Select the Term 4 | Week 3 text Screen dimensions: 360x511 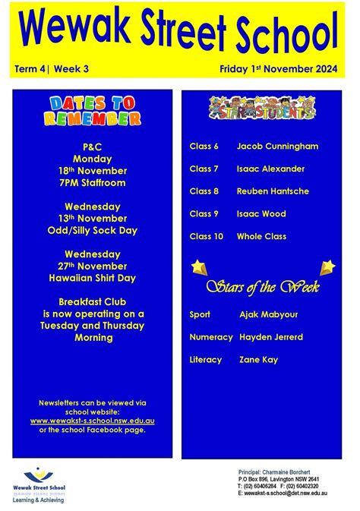[52, 69]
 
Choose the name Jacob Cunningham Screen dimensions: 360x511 [277, 146]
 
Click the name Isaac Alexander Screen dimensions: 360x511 [270, 169]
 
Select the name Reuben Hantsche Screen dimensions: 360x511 [273, 191]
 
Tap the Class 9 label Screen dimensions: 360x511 [204, 214]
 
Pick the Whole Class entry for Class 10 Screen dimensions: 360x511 [261, 237]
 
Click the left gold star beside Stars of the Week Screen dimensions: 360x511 [198, 267]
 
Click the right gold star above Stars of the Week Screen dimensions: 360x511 [327, 267]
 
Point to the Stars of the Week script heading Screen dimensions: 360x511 [263, 287]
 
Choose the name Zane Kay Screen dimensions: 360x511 [258, 359]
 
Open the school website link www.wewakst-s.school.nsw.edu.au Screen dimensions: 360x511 [93, 420]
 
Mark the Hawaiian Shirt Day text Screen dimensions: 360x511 [93, 279]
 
